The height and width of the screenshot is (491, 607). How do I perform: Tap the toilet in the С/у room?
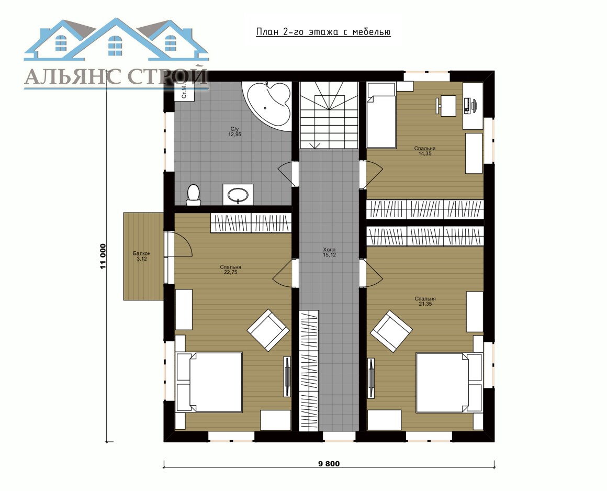(x=193, y=194)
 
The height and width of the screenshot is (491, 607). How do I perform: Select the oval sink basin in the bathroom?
(x=238, y=194)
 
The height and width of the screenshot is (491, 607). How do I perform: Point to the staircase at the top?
(x=329, y=115)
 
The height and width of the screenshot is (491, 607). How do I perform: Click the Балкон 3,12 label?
(x=142, y=256)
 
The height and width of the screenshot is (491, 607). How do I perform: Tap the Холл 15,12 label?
(x=330, y=252)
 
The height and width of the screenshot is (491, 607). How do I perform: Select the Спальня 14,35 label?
(x=425, y=151)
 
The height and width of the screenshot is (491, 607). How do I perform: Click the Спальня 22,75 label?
(x=230, y=270)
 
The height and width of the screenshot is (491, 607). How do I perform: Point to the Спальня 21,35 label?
(x=425, y=302)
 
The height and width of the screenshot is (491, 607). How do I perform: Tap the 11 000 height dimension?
(x=103, y=256)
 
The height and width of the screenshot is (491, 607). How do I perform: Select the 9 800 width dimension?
(x=329, y=463)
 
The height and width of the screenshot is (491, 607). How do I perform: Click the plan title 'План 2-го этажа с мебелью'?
(x=323, y=32)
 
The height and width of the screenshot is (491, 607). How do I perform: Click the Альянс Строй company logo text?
(x=116, y=76)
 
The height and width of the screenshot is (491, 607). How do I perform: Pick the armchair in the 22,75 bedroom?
(x=268, y=330)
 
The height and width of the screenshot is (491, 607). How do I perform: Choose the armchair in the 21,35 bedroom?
(x=391, y=331)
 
